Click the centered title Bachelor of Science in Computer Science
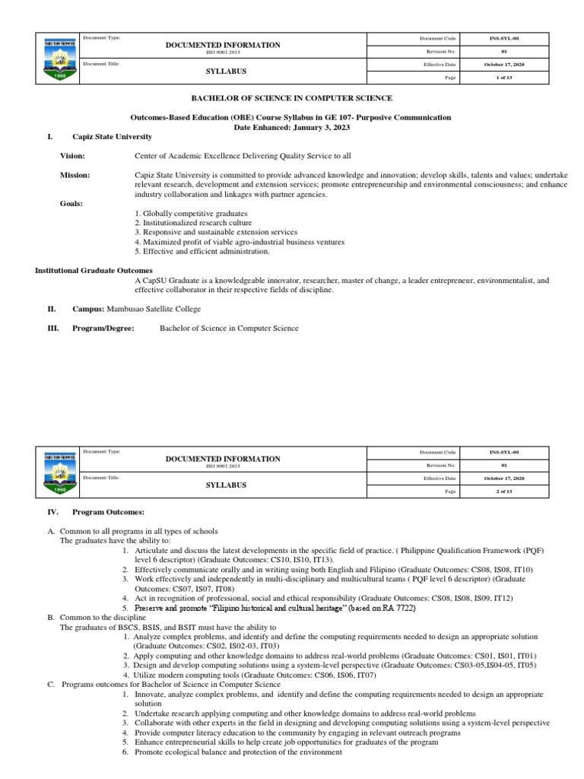(292, 98)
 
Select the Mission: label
(75, 175)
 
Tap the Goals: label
(71, 203)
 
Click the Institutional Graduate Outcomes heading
(94, 270)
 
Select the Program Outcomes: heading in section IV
(108, 512)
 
